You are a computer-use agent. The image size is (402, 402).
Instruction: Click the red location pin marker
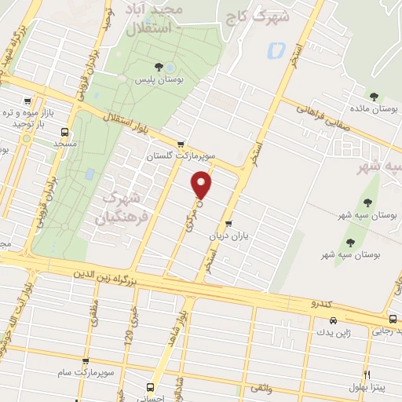(203, 184)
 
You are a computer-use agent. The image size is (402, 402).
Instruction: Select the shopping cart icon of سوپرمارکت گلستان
(182, 144)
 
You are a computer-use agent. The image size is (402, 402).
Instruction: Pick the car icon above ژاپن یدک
(333, 320)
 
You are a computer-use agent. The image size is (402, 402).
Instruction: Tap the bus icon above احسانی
(152, 386)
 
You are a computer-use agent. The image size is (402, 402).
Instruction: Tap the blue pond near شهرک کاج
(276, 52)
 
